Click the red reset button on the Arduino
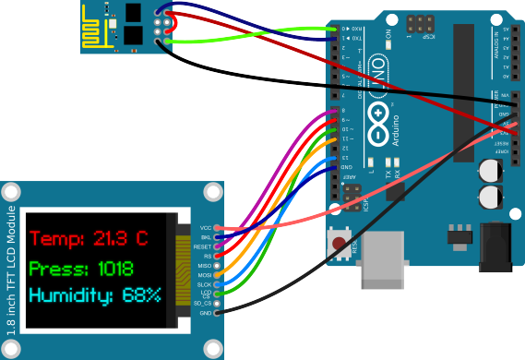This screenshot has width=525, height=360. point(341,245)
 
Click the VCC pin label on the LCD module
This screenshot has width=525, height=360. point(205,227)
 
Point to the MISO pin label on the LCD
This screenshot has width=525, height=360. point(204,265)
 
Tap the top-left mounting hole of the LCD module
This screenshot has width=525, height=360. point(12,193)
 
